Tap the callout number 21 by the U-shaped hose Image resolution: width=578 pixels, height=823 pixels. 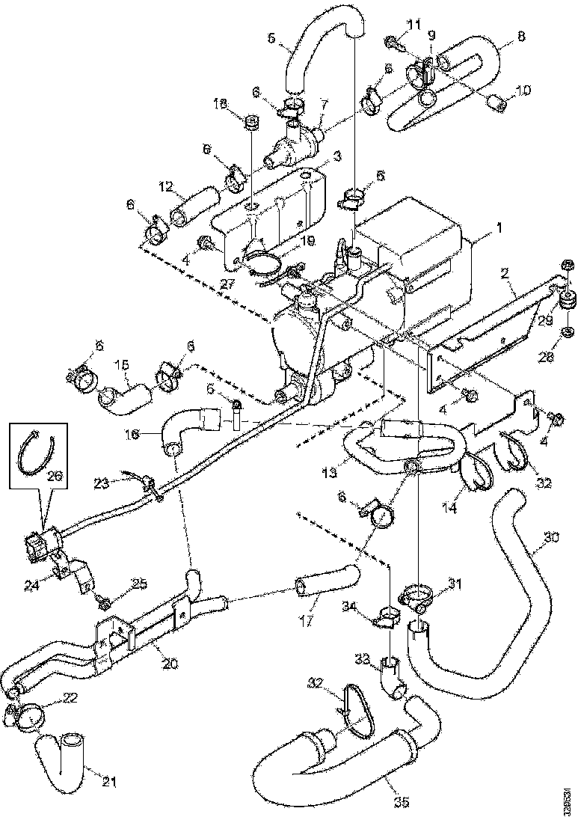click(x=110, y=783)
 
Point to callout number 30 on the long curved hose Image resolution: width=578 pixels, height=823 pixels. click(x=551, y=537)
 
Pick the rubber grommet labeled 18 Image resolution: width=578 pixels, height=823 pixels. click(x=252, y=122)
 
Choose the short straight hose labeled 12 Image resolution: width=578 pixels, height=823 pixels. click(x=196, y=203)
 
